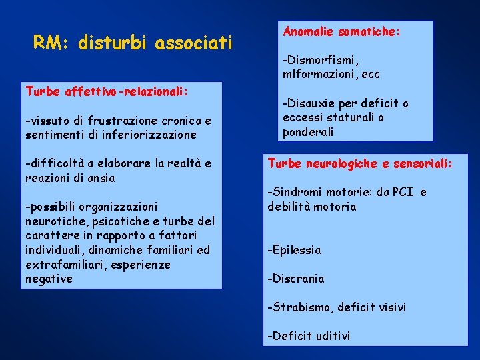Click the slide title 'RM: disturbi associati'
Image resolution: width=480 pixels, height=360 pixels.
(133, 44)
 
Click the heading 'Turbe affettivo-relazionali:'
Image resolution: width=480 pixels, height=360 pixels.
(106, 91)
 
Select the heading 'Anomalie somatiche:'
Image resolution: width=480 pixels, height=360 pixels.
(342, 31)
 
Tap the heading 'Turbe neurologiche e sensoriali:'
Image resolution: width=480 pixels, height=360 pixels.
(359, 163)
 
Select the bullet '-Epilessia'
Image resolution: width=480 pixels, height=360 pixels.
(294, 250)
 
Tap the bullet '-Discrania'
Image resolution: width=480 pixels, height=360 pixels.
(295, 279)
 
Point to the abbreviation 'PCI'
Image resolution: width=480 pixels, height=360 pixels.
(403, 193)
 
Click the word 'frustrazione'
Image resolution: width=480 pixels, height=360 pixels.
(111, 121)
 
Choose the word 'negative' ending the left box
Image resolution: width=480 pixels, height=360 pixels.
(49, 279)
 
